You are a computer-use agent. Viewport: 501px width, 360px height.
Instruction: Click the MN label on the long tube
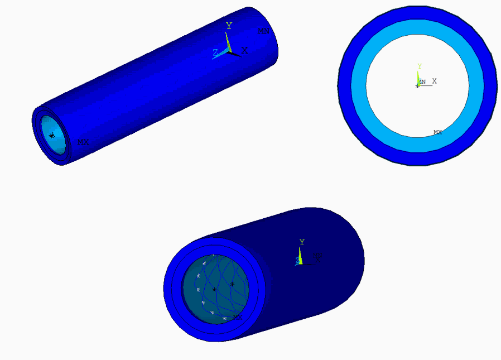tap(263, 31)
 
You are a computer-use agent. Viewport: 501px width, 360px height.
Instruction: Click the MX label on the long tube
tap(83, 142)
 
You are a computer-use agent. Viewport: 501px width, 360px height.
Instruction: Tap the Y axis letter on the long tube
tap(229, 26)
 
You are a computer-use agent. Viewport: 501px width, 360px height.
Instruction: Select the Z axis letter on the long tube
tap(215, 52)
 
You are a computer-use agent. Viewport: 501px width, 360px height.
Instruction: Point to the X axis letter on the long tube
tap(244, 50)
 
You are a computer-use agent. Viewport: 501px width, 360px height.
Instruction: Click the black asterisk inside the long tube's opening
tap(52, 136)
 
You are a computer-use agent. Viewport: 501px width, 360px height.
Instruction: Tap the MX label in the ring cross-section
tap(438, 132)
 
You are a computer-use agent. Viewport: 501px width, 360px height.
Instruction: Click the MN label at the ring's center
tap(422, 82)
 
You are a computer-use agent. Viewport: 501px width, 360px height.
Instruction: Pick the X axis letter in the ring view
tap(434, 81)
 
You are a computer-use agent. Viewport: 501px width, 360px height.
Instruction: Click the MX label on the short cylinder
tap(237, 317)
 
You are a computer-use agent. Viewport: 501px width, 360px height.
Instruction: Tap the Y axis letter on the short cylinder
tap(302, 242)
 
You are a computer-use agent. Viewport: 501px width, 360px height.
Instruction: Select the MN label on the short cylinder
tap(317, 256)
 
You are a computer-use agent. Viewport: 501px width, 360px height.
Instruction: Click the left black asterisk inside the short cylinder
tap(215, 290)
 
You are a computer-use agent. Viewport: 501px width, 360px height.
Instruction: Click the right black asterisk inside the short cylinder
tap(232, 285)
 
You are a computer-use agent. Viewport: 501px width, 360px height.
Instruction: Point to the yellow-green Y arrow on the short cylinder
tap(300, 255)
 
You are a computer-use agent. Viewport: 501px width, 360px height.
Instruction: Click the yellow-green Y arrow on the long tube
tap(228, 41)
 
